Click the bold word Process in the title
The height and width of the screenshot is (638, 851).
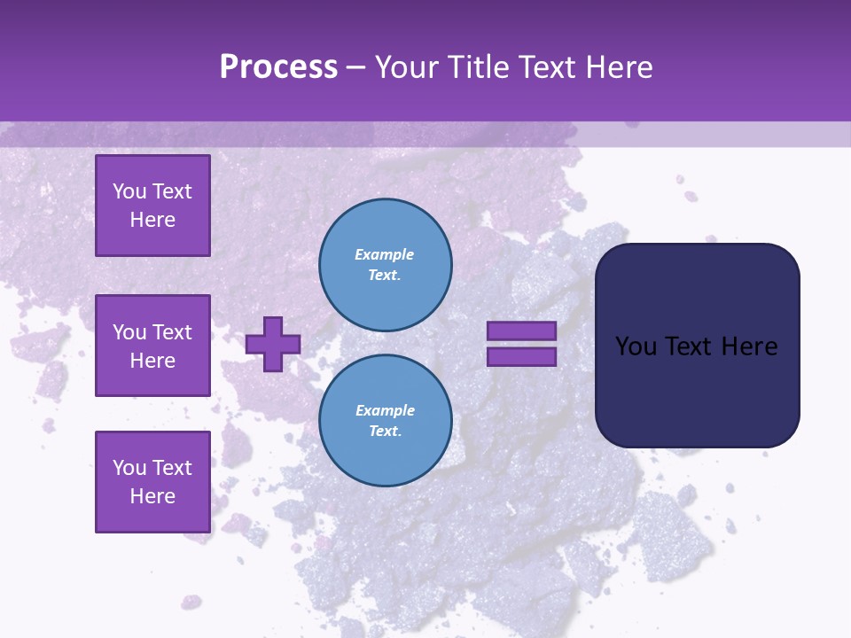click(x=278, y=67)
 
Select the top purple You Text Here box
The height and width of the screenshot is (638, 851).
click(x=152, y=206)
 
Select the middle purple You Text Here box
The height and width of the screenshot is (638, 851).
click(x=152, y=346)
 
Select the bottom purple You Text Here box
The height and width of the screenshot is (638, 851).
click(x=152, y=482)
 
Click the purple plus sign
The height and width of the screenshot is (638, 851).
click(x=273, y=344)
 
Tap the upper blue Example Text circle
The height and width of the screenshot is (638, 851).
click(x=386, y=265)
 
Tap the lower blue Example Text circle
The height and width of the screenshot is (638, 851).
click(x=386, y=421)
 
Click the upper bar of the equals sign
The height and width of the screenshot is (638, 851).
click(x=521, y=331)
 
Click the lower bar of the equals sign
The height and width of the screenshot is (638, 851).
click(x=521, y=357)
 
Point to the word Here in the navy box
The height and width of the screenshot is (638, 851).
click(x=749, y=346)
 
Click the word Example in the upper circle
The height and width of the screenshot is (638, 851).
click(x=385, y=254)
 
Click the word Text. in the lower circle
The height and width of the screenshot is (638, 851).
click(x=386, y=432)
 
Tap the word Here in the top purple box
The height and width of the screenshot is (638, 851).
click(x=152, y=220)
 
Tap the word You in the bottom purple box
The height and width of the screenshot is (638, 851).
click(x=129, y=468)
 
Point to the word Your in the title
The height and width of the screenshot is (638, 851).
click(x=411, y=67)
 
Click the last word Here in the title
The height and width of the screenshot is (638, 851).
click(x=621, y=67)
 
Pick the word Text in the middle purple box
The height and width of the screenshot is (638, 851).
click(x=173, y=332)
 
